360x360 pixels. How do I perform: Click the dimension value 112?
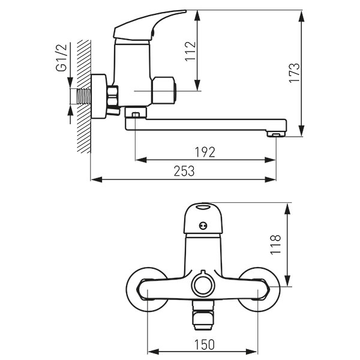[x=191, y=51]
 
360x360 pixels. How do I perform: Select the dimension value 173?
[x=294, y=73]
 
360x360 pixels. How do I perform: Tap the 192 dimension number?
[x=205, y=152]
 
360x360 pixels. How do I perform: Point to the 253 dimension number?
[x=184, y=171]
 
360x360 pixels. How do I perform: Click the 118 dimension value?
[x=275, y=245]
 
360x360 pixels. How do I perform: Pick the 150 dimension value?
[x=205, y=345]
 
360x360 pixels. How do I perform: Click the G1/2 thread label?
[x=61, y=58]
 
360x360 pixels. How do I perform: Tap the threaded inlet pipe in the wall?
[x=84, y=97]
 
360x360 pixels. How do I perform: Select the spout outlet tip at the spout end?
[x=276, y=134]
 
